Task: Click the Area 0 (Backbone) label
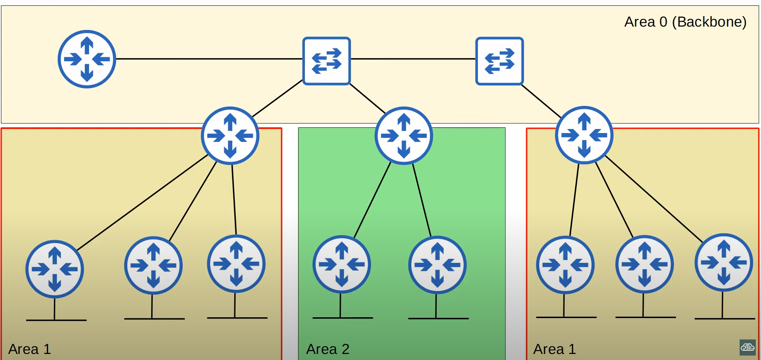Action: click(x=685, y=22)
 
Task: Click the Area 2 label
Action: click(x=327, y=349)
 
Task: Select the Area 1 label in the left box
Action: click(x=29, y=349)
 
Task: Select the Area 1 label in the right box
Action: click(x=554, y=349)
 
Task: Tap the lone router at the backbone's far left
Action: click(x=87, y=59)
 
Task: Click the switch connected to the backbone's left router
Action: click(x=326, y=61)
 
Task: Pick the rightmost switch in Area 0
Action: click(x=499, y=61)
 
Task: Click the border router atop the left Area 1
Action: click(x=230, y=135)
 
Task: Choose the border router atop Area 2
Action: click(x=404, y=135)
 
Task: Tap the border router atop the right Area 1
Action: click(x=584, y=135)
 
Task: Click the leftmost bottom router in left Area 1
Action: click(x=54, y=269)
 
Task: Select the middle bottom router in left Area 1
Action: click(x=153, y=265)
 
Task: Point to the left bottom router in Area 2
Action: click(x=342, y=264)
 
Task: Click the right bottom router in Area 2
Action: click(x=437, y=265)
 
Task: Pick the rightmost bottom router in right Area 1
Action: click(x=723, y=262)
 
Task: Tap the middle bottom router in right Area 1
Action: click(x=644, y=264)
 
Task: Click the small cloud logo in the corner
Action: click(x=747, y=347)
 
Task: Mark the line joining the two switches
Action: click(x=413, y=59)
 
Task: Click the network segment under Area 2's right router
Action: click(x=438, y=318)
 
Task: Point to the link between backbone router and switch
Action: click(x=209, y=59)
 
